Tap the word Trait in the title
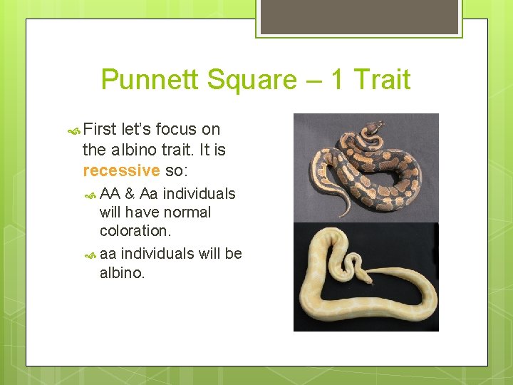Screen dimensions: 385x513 tap(382, 80)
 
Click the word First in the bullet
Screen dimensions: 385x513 tap(100, 130)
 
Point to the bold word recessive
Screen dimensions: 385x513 tap(121, 171)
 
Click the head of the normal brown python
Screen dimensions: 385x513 tap(371, 128)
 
